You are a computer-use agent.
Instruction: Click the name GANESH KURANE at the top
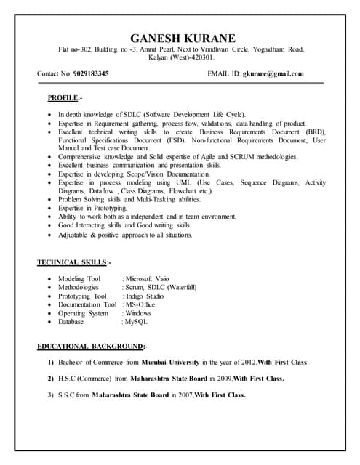coord(181,38)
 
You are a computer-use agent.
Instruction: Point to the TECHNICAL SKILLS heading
coord(73,262)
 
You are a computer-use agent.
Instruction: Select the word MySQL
coord(136,321)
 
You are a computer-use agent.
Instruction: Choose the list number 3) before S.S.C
coord(51,395)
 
